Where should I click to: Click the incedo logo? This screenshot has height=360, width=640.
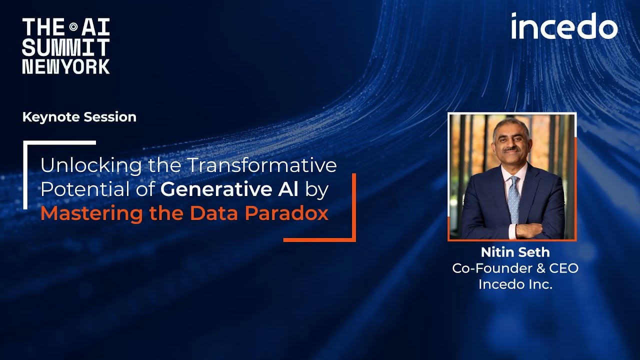point(564,26)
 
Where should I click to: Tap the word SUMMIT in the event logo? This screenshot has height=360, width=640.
point(65,48)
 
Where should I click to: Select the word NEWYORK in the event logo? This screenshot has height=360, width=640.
point(65,66)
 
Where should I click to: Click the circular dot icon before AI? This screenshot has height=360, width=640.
point(73,27)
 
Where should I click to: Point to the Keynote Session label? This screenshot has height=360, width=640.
point(79,117)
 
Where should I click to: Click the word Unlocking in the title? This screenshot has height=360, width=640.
point(84,165)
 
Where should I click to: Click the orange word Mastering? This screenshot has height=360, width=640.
point(91,213)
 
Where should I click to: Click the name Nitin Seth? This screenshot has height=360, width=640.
point(515,251)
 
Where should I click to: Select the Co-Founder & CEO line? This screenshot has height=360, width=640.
point(515,268)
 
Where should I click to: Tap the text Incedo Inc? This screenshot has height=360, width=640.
point(515,284)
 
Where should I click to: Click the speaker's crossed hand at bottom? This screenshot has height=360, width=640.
point(530,230)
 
